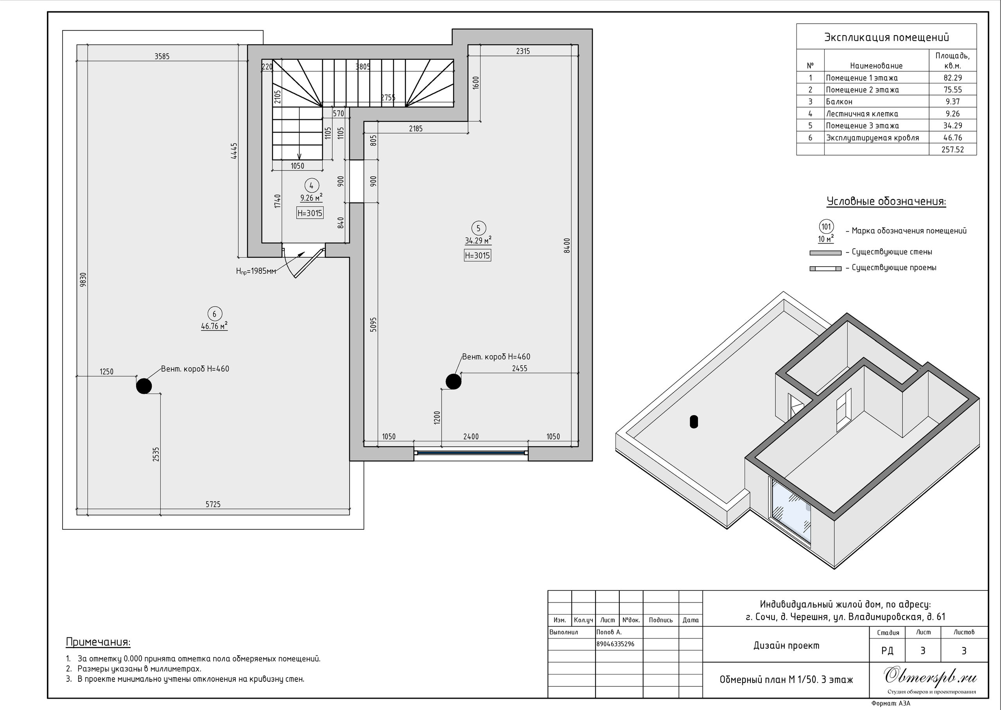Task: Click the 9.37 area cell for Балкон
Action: pos(953,101)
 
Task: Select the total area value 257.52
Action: pos(953,149)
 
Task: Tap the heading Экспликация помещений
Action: pos(886,37)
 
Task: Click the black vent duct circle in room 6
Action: pos(144,386)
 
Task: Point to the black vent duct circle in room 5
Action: pos(453,381)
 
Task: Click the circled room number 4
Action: pos(311,186)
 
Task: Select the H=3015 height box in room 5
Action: pos(477,255)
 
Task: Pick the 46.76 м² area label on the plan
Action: pos(214,326)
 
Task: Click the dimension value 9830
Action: pos(83,280)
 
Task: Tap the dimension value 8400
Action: pos(567,245)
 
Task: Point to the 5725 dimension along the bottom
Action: pos(213,504)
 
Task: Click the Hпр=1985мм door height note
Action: pos(256,271)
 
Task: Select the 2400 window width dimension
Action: pos(471,436)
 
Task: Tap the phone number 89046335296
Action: pos(615,644)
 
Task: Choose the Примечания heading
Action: pos(98,642)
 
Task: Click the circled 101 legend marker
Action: pos(826,226)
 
